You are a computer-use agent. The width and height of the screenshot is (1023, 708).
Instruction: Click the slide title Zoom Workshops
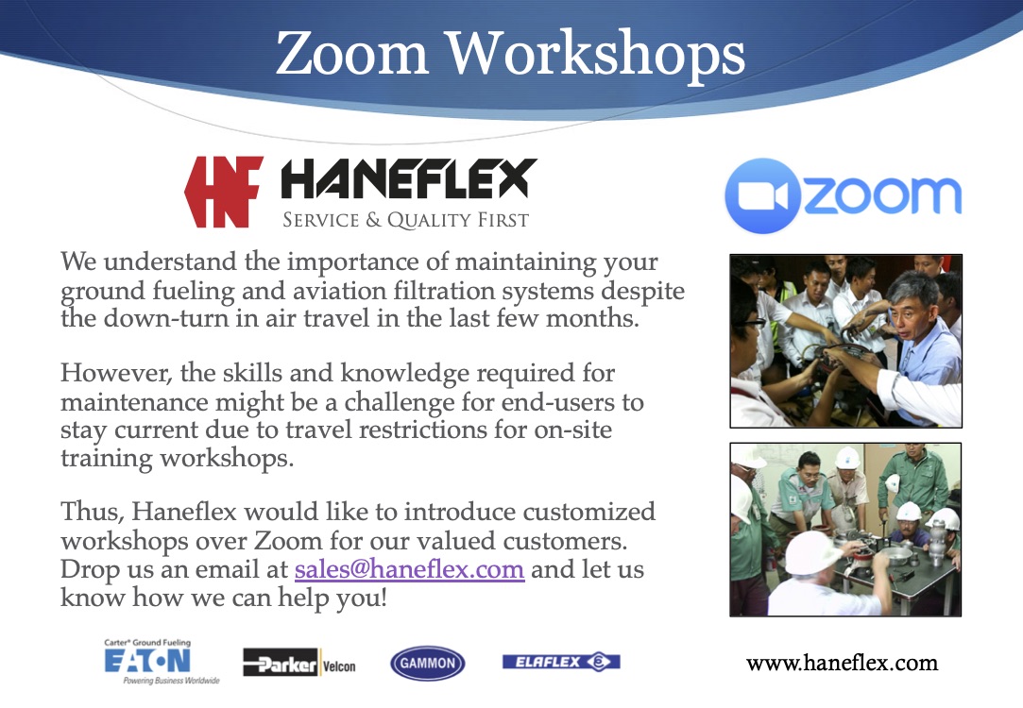click(x=510, y=55)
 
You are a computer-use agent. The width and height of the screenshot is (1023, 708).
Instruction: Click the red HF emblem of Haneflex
click(x=224, y=192)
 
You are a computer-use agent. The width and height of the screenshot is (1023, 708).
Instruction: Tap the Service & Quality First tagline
click(x=405, y=220)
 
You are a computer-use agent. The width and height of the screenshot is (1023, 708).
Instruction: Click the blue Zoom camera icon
click(x=762, y=195)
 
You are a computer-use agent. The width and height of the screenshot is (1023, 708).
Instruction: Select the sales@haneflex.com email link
click(x=409, y=569)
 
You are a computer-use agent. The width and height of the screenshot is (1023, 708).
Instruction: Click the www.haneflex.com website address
click(x=842, y=663)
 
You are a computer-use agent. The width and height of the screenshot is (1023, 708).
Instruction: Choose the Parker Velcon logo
click(x=299, y=663)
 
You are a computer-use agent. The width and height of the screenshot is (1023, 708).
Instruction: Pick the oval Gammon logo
click(x=427, y=663)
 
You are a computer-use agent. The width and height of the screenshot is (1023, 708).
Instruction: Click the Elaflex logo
click(x=561, y=662)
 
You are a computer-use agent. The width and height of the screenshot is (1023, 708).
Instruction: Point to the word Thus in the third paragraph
click(x=92, y=512)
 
